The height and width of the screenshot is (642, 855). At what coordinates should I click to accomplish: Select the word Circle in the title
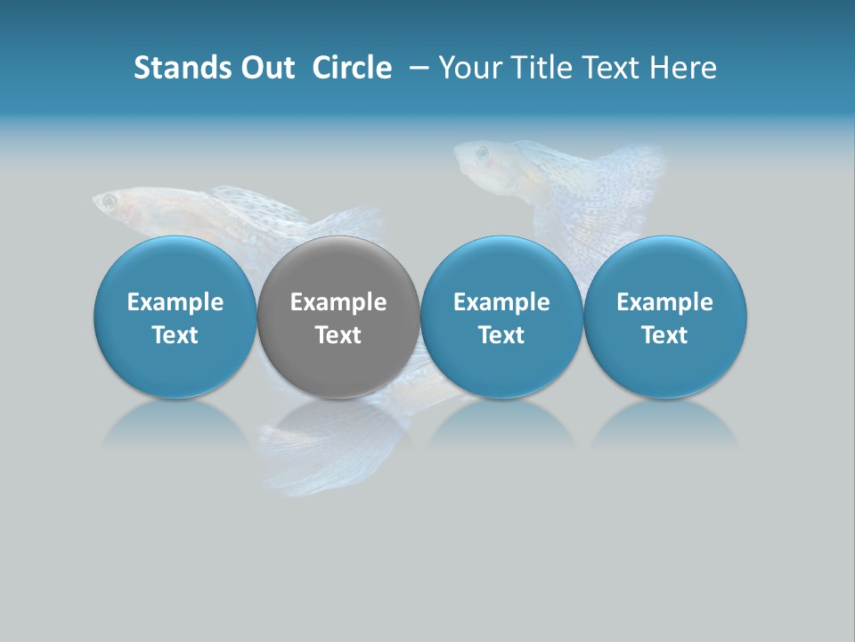[352, 68]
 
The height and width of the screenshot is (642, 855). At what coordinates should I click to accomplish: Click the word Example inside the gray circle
[338, 302]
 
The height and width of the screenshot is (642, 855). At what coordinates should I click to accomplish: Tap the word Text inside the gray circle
[338, 335]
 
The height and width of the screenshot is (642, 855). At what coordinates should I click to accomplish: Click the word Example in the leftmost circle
[175, 302]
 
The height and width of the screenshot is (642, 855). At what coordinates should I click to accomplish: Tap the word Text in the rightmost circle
[665, 335]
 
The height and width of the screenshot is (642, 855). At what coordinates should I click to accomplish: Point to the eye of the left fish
[109, 202]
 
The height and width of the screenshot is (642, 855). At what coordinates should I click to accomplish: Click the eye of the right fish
[482, 152]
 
